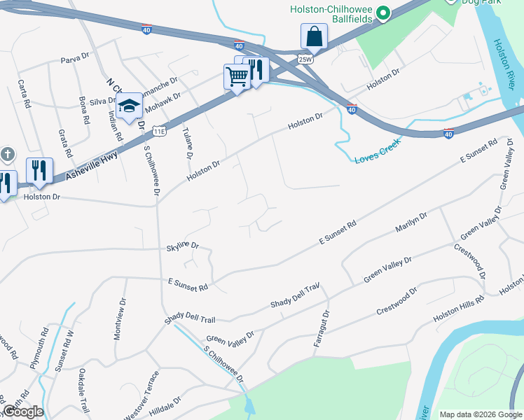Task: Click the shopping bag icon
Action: pos(315,36)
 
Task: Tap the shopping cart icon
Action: pos(237,76)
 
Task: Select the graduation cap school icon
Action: pos(130,106)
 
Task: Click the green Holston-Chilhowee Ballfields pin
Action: pos(383,13)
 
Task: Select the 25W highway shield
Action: pos(304,59)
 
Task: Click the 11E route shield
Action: pos(159,130)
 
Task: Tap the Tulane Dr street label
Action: pos(187,143)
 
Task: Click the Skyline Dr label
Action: pos(183,247)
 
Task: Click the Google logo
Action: pos(22,412)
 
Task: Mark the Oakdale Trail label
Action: pos(84,389)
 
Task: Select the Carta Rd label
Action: pos(26,92)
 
